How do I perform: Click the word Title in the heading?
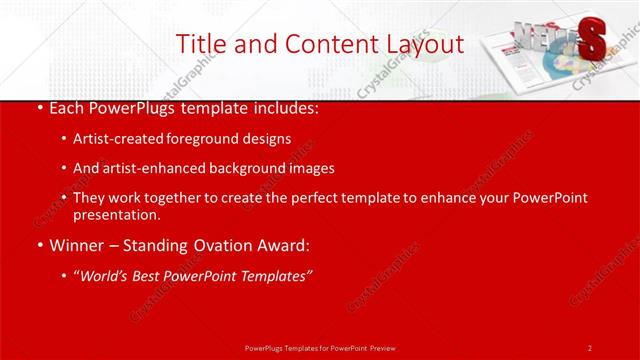click(200, 44)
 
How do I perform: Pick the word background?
click(249, 168)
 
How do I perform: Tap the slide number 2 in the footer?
click(590, 347)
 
